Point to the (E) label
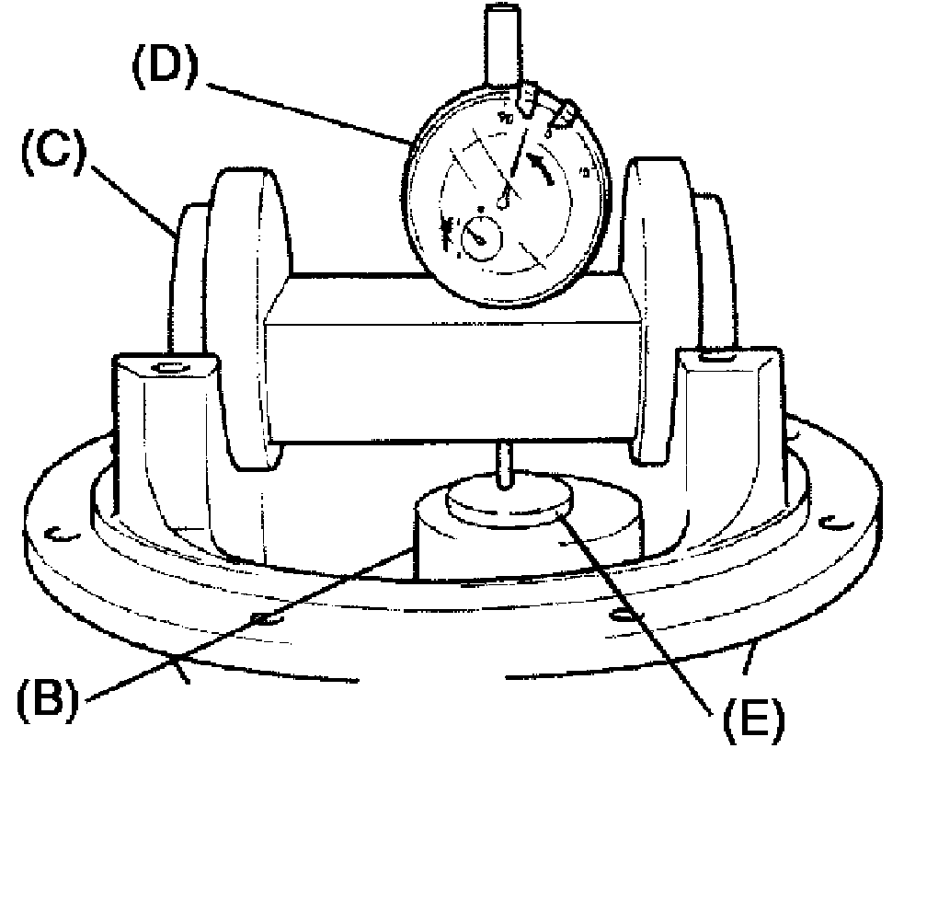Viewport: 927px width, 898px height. (x=751, y=720)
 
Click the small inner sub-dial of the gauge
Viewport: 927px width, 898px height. (x=479, y=238)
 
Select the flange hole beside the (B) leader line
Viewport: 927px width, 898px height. (x=263, y=617)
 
